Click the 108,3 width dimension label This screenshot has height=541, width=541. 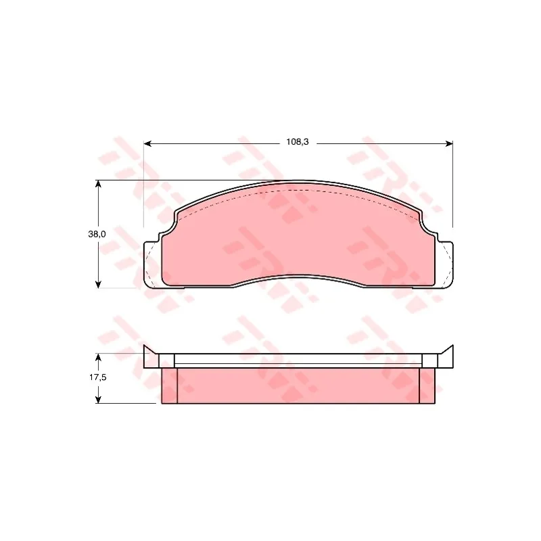pyautogui.click(x=297, y=142)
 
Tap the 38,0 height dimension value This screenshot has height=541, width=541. pyautogui.click(x=97, y=234)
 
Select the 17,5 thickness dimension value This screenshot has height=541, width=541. pyautogui.click(x=98, y=377)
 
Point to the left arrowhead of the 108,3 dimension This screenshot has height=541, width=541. pyautogui.click(x=147, y=143)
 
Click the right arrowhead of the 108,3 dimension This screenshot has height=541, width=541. pyautogui.click(x=449, y=143)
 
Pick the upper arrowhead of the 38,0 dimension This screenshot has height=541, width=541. pyautogui.click(x=98, y=185)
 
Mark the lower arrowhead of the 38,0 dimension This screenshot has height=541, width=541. pyautogui.click(x=98, y=284)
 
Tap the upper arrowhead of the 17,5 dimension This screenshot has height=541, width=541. pyautogui.click(x=98, y=358)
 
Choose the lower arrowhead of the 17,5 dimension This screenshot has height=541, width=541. pyautogui.click(x=98, y=399)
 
